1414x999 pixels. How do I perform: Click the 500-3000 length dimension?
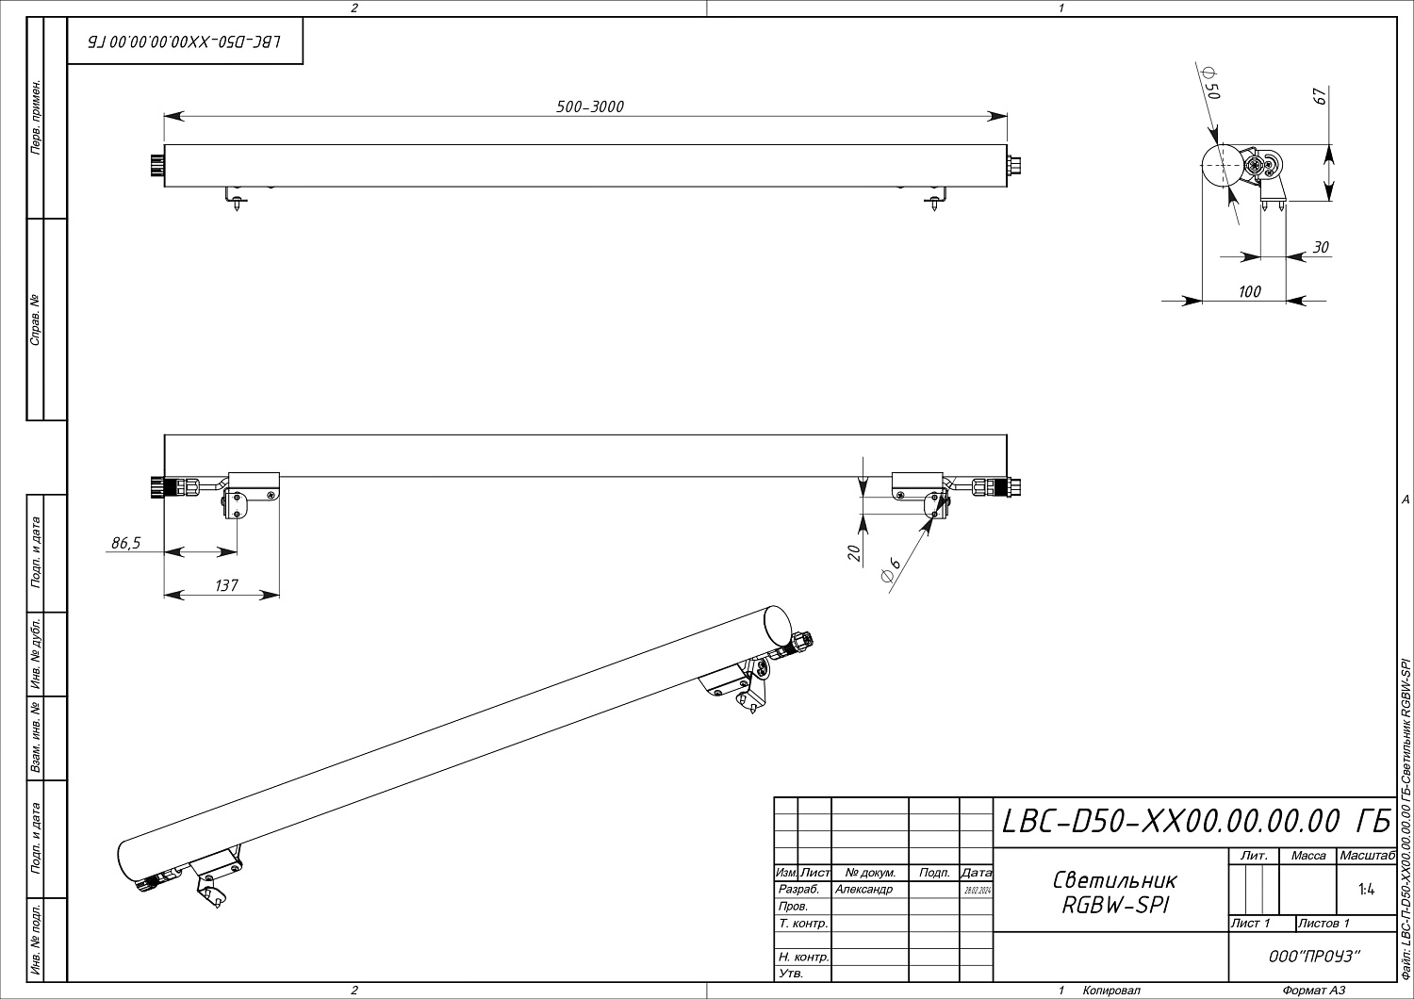click(x=590, y=106)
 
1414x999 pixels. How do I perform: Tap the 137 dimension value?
click(x=226, y=585)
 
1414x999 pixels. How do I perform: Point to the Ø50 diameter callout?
click(x=1213, y=84)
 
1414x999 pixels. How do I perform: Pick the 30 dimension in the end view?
click(x=1321, y=247)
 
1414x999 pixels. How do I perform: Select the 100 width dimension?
click(x=1249, y=291)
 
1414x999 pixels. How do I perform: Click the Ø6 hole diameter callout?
click(x=891, y=571)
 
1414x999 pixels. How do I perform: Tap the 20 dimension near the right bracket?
click(x=854, y=553)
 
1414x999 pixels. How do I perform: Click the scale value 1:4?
click(x=1366, y=889)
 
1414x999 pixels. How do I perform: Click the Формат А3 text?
click(x=1313, y=991)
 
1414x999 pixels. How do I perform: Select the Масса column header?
click(x=1308, y=856)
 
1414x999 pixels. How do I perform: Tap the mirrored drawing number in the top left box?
click(x=185, y=43)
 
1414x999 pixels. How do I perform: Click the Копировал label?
click(x=1111, y=991)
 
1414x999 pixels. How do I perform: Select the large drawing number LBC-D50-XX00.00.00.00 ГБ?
click(x=1195, y=822)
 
